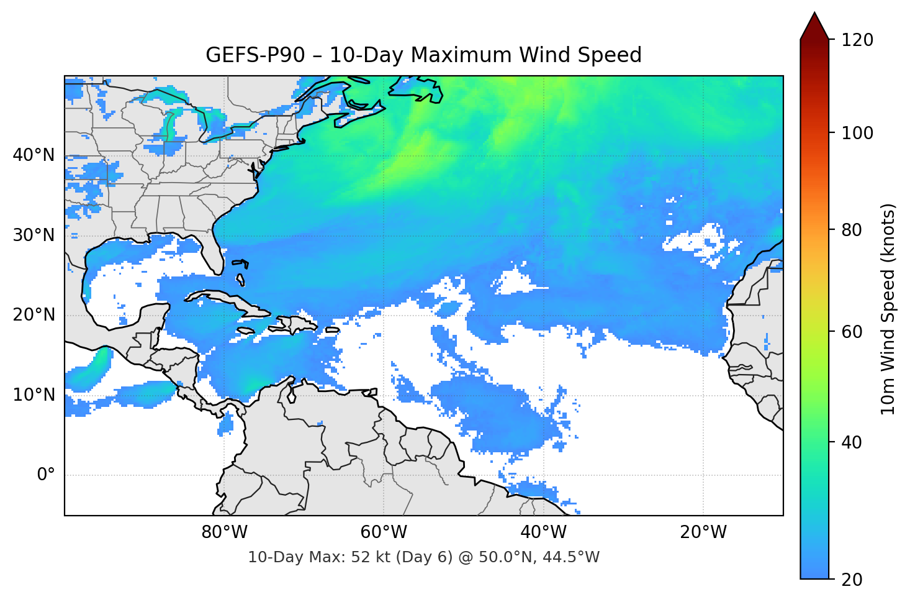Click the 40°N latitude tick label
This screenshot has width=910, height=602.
34,155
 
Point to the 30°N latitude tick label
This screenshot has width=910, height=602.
34,235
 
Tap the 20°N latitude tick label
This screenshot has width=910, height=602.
34,315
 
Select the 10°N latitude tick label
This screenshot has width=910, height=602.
34,395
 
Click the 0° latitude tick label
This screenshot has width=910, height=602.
45,475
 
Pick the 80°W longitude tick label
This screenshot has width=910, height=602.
224,532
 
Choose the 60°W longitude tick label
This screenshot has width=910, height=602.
384,532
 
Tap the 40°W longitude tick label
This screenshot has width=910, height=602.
543,532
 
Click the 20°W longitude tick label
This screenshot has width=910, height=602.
703,532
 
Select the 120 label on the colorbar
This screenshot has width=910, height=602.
857,40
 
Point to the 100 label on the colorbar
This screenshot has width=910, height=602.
857,133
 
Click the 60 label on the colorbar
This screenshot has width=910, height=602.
852,332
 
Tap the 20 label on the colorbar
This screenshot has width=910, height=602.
852,580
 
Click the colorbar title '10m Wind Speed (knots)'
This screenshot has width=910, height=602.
888,309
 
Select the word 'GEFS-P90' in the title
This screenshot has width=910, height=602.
255,55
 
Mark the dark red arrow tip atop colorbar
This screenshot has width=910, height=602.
814,25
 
